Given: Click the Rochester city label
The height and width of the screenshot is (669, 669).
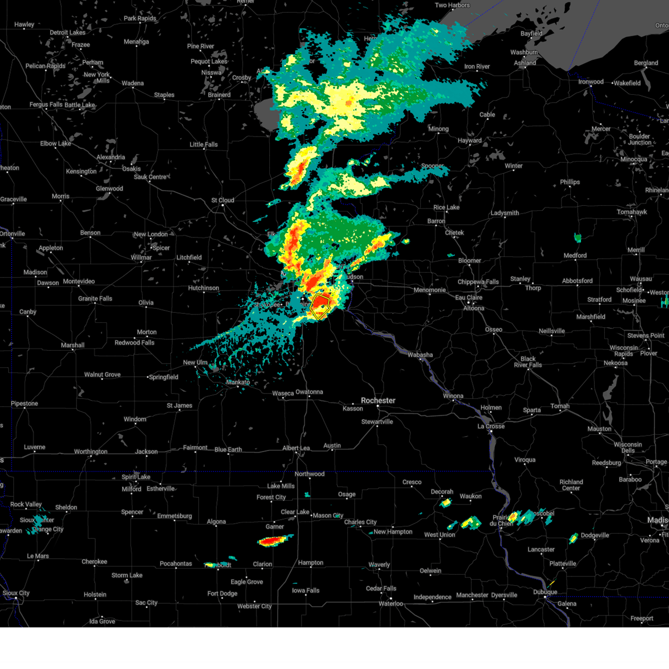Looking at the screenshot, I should [378, 400].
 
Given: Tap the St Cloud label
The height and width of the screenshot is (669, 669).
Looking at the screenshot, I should [222, 200].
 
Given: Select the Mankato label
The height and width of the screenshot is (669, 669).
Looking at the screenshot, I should [238, 382].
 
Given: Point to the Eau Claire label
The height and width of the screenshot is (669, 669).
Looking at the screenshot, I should [468, 297].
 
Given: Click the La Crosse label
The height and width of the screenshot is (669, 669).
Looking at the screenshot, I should [491, 426].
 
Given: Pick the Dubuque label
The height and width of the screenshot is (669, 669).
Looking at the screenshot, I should [545, 592].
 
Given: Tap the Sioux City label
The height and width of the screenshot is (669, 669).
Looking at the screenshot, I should [16, 593].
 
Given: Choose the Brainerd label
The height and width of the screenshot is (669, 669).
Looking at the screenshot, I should [219, 95].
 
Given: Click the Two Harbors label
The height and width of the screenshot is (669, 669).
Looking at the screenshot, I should [452, 5].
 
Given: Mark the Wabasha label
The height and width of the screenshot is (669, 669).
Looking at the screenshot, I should [420, 355].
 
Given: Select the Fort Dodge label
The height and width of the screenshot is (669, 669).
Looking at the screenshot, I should [222, 594].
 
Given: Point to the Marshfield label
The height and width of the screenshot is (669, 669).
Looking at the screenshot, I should [590, 317].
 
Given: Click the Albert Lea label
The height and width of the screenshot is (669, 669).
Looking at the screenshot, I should [295, 448].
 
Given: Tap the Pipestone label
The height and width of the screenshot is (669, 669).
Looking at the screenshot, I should [25, 404].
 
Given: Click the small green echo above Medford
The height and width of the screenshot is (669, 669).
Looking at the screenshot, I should [578, 238].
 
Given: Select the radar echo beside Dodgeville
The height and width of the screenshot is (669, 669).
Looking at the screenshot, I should [573, 538].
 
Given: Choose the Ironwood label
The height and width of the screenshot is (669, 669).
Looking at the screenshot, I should [590, 82].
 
